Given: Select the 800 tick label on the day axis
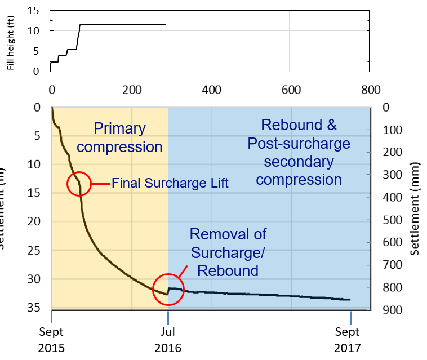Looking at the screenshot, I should click(370, 90).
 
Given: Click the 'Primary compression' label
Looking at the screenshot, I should click(119, 137).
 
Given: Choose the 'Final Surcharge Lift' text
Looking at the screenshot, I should click(170, 184).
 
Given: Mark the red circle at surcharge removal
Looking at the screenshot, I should click(168, 289).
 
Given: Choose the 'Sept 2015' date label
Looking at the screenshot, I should click(51, 340).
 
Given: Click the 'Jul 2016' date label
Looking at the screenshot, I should click(168, 340).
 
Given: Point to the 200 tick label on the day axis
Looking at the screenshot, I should click(131, 90).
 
